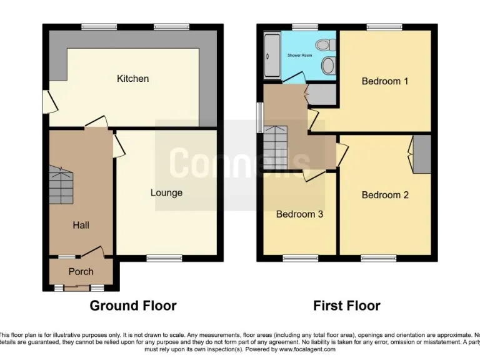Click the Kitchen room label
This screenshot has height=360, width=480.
[x=133, y=79]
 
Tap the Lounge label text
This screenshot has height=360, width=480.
[x=166, y=192]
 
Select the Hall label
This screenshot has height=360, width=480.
[x=81, y=225]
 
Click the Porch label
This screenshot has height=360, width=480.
[x=81, y=271]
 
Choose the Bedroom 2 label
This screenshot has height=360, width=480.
[x=385, y=195]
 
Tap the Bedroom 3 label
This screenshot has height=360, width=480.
[x=299, y=214]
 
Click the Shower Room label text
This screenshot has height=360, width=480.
[x=299, y=56]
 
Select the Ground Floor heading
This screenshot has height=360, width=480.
[x=133, y=306]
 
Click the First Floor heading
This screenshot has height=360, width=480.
[x=346, y=306]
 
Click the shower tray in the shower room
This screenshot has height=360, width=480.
[x=272, y=56]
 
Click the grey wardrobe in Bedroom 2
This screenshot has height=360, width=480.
[x=422, y=154]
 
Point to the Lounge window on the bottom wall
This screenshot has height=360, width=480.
[x=164, y=257]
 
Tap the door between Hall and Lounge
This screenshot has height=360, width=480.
[x=117, y=147]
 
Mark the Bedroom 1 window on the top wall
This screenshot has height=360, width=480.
[x=384, y=27]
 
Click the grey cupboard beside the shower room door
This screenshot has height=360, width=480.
[x=322, y=93]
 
